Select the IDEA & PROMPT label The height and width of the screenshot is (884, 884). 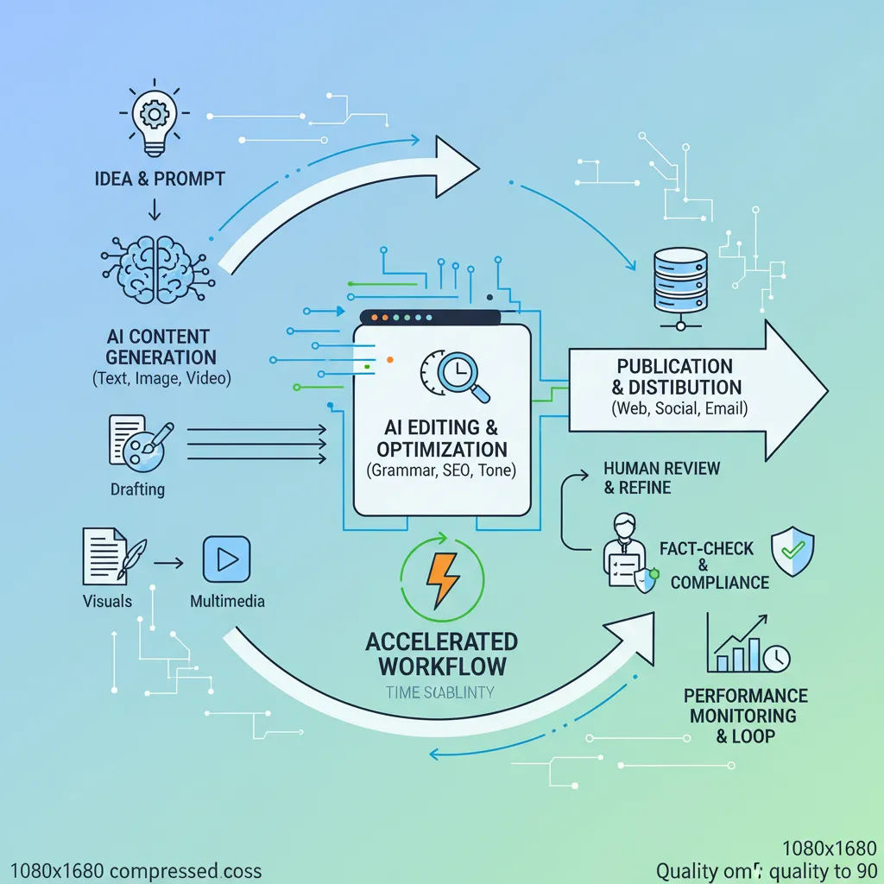tap(160, 179)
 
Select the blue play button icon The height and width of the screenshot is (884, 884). tap(226, 559)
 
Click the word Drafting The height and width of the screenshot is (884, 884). tap(137, 489)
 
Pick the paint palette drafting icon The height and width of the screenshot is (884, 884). tap(142, 443)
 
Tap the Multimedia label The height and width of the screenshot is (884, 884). tap(227, 601)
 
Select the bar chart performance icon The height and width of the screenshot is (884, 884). tap(747, 645)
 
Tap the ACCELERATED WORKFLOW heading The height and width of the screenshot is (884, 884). tap(442, 654)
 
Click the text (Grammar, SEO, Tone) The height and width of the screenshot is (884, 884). tap(441, 471)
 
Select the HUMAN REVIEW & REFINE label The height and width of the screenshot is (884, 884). tap(662, 477)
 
